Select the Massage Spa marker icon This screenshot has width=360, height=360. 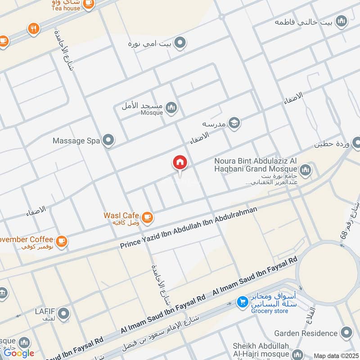coord(108,141)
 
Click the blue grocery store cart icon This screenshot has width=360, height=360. coord(242,301)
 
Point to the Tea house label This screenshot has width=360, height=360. coord(65,8)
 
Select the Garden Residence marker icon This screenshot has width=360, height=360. coord(346,333)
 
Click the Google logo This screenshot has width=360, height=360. coord(19,353)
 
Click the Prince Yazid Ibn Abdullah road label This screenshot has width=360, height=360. coord(189,228)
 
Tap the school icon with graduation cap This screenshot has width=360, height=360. coord(234,123)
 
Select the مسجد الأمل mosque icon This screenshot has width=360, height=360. coord(171,107)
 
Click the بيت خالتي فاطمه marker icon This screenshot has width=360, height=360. coord(342,21)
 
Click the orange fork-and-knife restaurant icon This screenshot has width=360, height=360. coord(33,29)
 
